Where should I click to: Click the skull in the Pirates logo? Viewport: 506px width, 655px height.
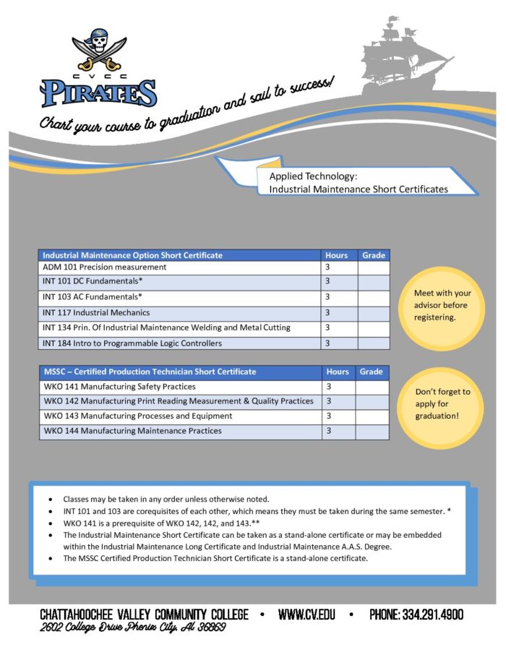(97, 46)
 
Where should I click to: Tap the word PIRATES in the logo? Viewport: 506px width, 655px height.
(98, 93)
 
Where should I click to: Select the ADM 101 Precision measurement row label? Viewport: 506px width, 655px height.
(104, 267)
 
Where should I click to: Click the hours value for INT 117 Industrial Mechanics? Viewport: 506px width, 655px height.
(327, 313)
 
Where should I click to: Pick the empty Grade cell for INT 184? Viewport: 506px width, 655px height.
(373, 343)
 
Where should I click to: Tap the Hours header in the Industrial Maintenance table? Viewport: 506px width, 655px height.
(337, 255)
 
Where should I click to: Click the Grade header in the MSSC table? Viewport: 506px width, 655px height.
(372, 372)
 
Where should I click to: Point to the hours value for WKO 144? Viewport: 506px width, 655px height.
(328, 431)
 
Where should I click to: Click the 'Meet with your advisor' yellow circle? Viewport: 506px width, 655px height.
(442, 305)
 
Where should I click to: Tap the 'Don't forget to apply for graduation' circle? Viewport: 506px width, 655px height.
(442, 404)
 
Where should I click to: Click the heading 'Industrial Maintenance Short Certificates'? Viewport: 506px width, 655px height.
(359, 189)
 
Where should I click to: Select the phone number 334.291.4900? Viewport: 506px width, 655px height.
(416, 615)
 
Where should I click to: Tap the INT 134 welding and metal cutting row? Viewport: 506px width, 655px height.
(166, 327)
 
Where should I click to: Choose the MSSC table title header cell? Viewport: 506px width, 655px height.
(149, 372)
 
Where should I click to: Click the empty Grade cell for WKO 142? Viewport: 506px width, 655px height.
(373, 401)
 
